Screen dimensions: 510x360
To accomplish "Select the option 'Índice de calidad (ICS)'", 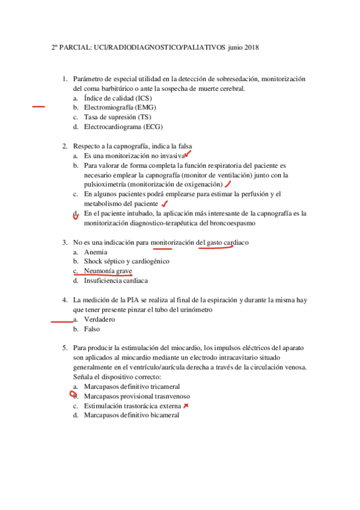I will (x=118, y=97).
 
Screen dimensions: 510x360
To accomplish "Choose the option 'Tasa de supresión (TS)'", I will (x=117, y=117).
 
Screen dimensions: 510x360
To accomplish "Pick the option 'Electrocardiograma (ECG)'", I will (x=123, y=126).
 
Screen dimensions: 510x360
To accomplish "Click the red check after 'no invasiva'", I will (x=187, y=155).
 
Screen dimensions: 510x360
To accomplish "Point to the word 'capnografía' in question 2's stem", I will (x=148, y=146).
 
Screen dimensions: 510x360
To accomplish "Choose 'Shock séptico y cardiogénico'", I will (x=126, y=262).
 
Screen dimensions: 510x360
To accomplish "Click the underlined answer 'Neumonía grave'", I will (x=108, y=271).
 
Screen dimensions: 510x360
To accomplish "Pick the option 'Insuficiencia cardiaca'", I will (x=116, y=281).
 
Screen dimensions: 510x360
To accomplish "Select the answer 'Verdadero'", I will (x=99, y=319).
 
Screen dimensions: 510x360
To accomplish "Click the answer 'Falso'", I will (x=92, y=329).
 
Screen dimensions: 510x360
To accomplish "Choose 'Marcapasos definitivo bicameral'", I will (x=131, y=416).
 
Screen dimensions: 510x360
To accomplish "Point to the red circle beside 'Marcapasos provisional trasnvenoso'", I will (x=75, y=396).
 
